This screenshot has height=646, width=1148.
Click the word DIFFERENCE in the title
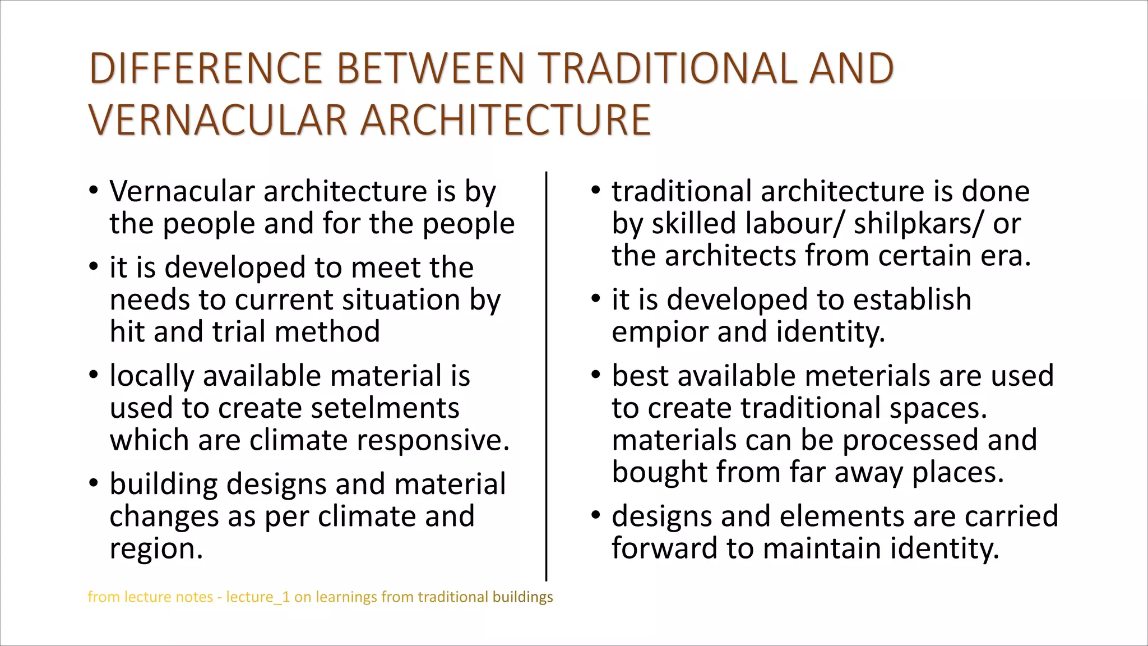(x=205, y=68)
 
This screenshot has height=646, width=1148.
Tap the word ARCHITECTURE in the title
(x=505, y=120)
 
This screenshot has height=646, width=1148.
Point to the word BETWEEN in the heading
(x=430, y=68)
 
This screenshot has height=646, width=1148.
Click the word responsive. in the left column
(x=433, y=440)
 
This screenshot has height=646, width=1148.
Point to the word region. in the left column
(x=156, y=548)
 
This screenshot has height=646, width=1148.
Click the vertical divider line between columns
(x=546, y=376)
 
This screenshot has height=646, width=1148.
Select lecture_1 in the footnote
(x=258, y=597)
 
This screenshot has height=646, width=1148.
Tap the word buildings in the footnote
(x=522, y=597)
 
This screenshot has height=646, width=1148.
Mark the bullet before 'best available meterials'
(x=596, y=374)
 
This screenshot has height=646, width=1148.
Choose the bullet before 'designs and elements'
(x=596, y=514)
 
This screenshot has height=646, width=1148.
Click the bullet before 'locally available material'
(x=94, y=374)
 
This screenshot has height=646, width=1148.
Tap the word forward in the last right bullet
(x=664, y=548)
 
